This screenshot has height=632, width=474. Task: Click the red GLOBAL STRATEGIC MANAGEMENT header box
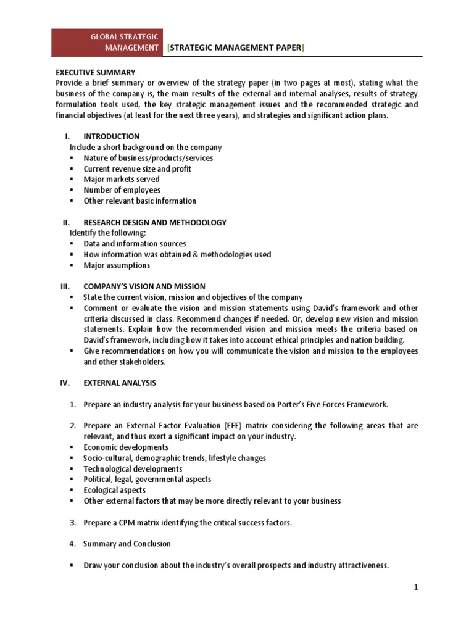(x=108, y=43)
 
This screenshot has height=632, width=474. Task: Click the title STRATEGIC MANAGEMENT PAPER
(x=236, y=48)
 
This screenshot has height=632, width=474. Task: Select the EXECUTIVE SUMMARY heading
(x=95, y=72)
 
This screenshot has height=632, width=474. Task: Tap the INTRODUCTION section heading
(x=112, y=136)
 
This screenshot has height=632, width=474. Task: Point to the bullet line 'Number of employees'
(x=122, y=190)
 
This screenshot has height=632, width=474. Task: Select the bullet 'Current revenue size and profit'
(x=137, y=168)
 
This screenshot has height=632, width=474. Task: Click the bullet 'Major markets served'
(x=121, y=179)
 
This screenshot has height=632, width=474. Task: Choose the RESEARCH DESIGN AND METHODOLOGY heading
(x=155, y=222)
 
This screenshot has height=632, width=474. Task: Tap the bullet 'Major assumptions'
(x=117, y=265)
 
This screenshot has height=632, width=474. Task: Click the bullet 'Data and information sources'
(x=135, y=244)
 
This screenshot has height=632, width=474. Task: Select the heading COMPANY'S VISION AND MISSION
(x=144, y=286)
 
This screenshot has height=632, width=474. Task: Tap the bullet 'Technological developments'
(x=133, y=468)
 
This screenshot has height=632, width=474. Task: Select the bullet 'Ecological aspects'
(x=115, y=490)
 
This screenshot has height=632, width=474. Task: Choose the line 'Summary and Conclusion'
(x=127, y=544)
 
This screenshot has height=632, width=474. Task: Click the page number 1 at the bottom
(x=416, y=588)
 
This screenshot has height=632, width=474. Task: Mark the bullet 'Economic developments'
(x=125, y=447)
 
